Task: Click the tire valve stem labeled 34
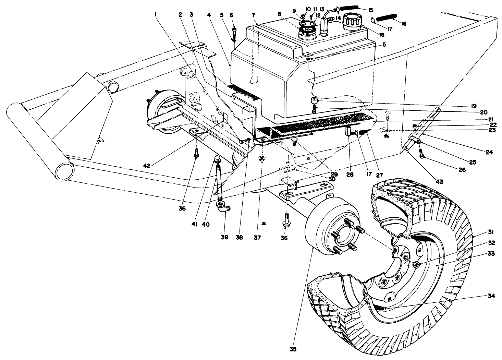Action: coord(382,308)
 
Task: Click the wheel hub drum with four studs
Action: coord(329,237)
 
